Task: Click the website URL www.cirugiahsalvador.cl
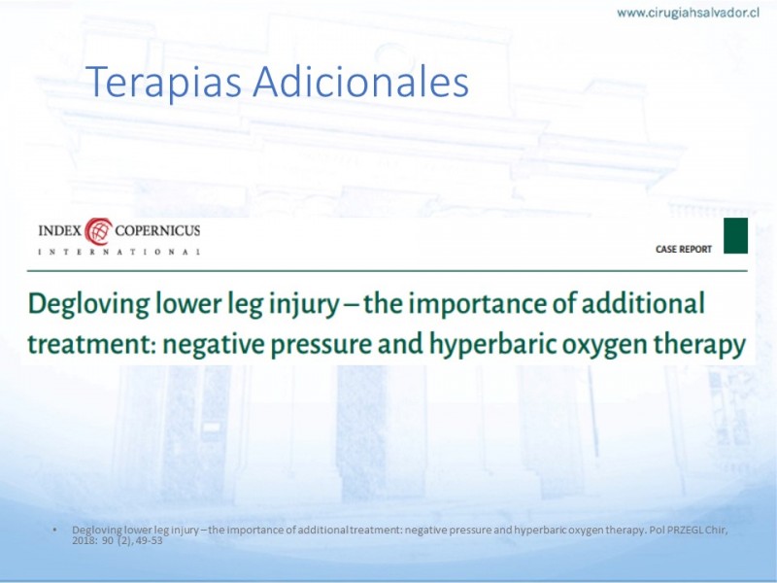(x=688, y=13)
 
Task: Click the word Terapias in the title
(x=163, y=82)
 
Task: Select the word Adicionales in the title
(x=360, y=81)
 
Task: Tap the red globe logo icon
(x=98, y=231)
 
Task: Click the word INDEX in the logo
(x=59, y=231)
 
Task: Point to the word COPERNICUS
(x=157, y=231)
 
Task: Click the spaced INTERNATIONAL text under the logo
(x=118, y=252)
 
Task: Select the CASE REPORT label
(x=684, y=250)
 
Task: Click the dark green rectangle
(x=736, y=235)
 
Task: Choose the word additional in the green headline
(x=643, y=302)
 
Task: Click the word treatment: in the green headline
(x=91, y=344)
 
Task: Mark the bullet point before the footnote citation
(x=54, y=530)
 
